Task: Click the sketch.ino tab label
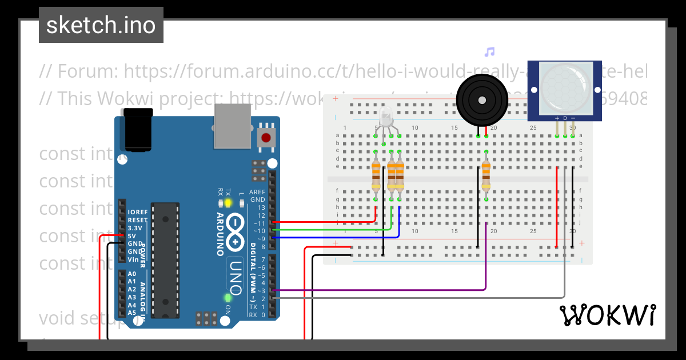pyautogui.click(x=101, y=25)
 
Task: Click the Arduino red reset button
pyautogui.click(x=266, y=137)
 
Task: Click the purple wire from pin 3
pyautogui.click(x=400, y=290)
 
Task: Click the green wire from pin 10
pyautogui.click(x=332, y=229)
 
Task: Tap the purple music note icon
pyautogui.click(x=489, y=52)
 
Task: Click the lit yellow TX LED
pyautogui.click(x=228, y=203)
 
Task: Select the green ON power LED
pyautogui.click(x=228, y=298)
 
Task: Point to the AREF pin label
pyautogui.click(x=257, y=192)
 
